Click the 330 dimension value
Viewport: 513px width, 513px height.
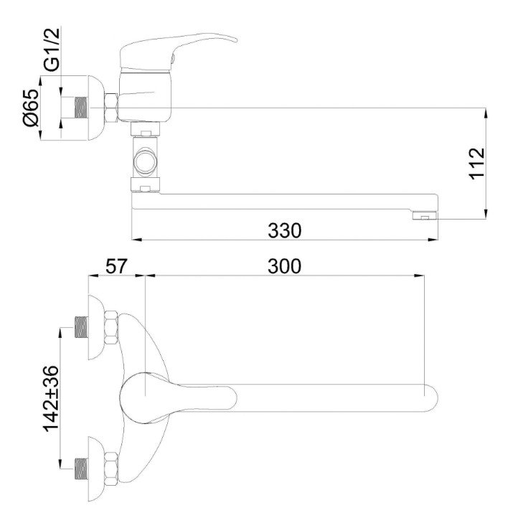(x=284, y=230)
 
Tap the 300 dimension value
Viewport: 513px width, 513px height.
(x=284, y=266)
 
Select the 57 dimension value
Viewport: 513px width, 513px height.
(x=116, y=266)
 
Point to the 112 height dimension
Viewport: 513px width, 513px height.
(x=476, y=164)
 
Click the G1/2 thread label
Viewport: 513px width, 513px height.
(x=52, y=50)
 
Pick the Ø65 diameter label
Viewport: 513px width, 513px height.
(x=32, y=108)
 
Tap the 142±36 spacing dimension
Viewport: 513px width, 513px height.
(x=51, y=398)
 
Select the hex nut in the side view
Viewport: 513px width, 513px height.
(x=111, y=108)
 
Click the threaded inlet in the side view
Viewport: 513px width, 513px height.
(x=82, y=108)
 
